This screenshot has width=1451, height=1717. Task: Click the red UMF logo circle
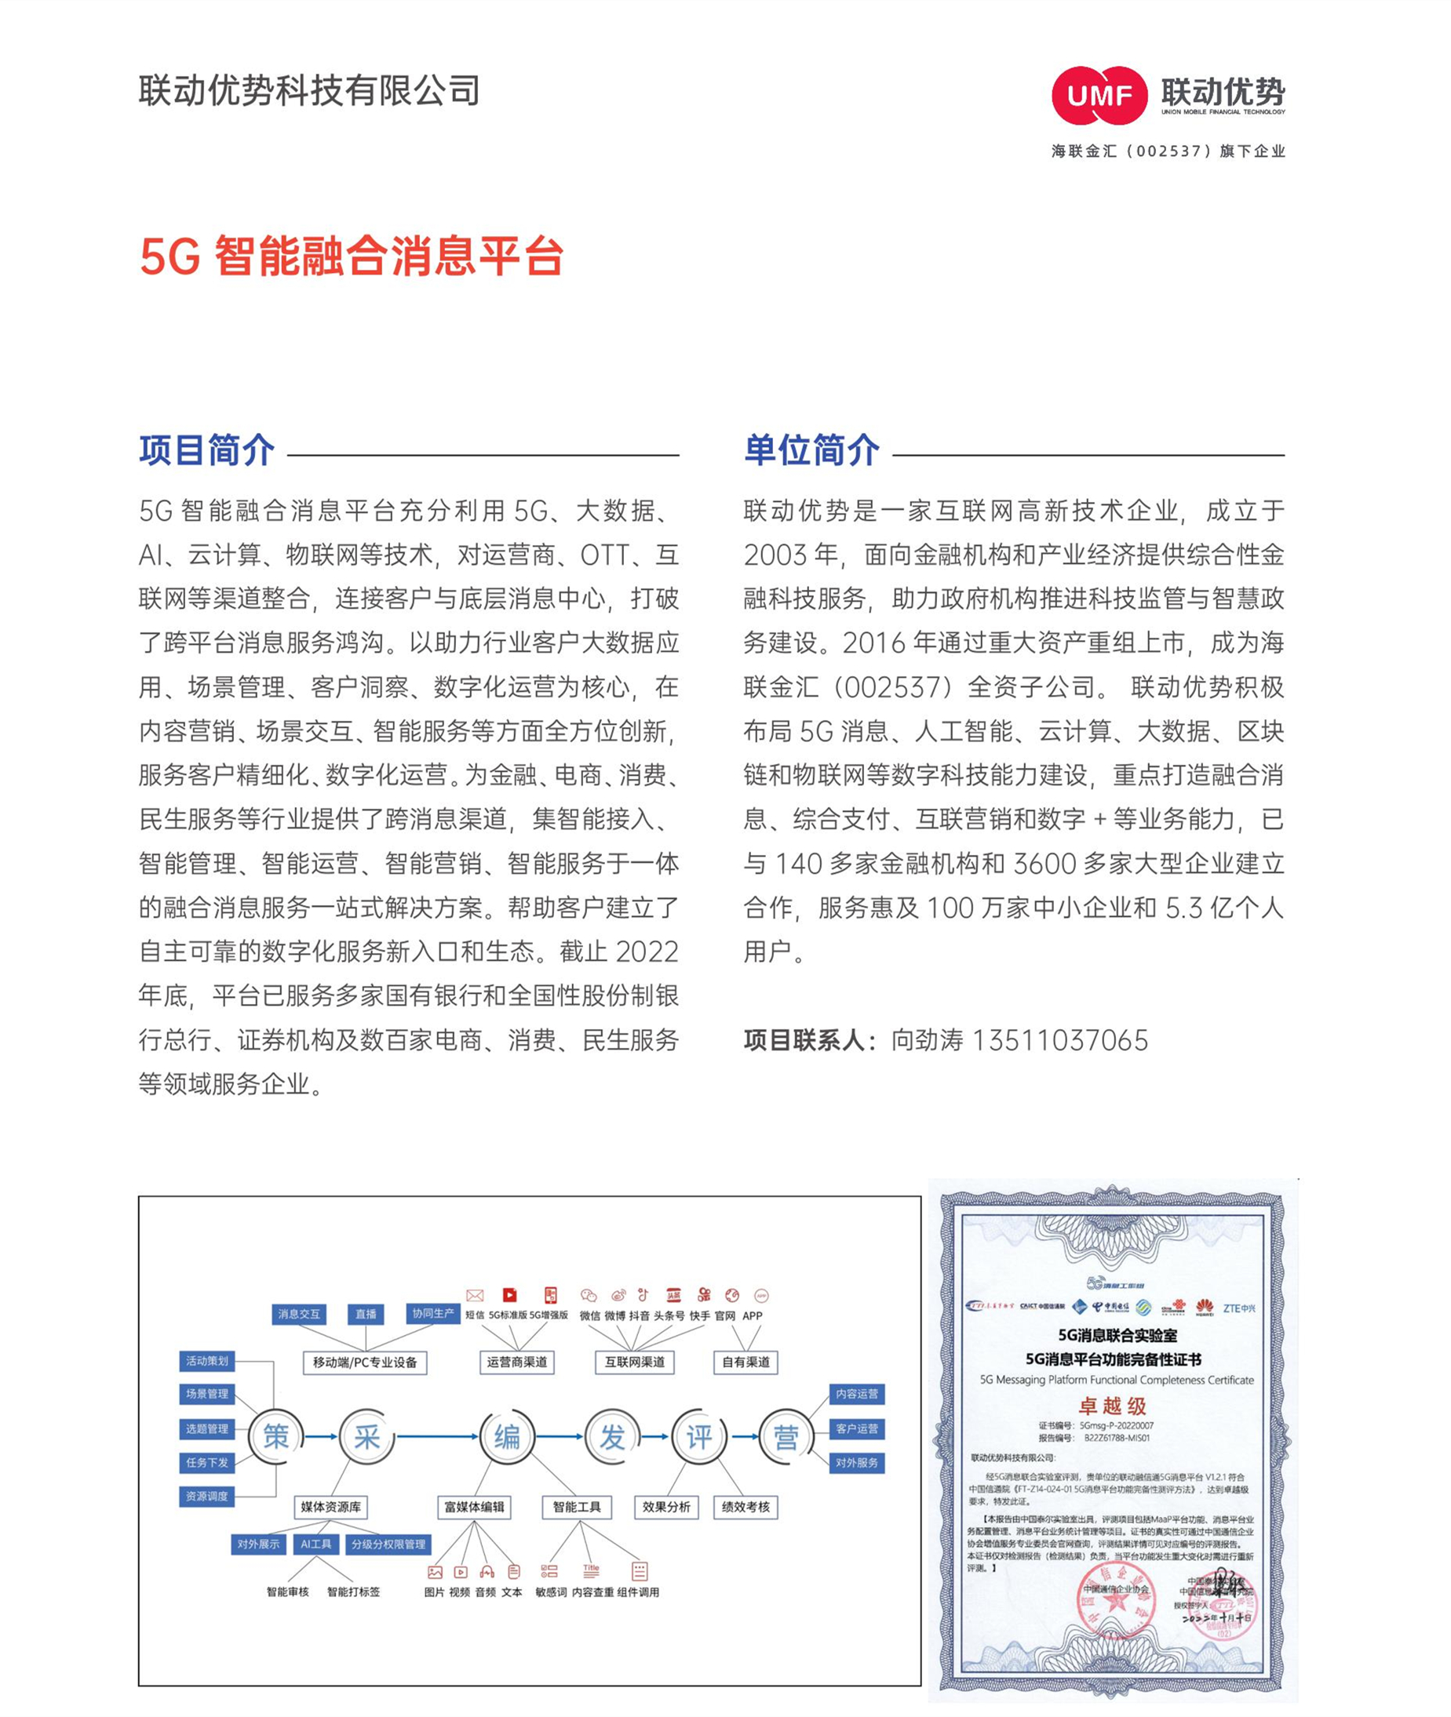coord(1099,96)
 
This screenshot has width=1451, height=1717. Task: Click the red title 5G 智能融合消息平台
coord(352,256)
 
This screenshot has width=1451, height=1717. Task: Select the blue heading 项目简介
coord(206,451)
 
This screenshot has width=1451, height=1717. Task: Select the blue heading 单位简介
coord(811,451)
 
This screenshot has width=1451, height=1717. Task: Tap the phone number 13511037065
coord(1059,1040)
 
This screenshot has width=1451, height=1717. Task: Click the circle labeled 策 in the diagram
coord(276,1437)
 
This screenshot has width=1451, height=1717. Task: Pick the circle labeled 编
coord(507,1437)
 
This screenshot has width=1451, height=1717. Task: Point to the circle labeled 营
coord(786,1437)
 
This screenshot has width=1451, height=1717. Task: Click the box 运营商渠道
coord(516,1362)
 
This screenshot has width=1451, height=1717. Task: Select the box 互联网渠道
coord(634,1362)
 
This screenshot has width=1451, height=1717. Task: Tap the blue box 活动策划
coord(207,1361)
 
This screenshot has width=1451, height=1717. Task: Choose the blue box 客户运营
coord(856,1428)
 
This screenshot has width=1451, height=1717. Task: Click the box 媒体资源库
coord(330,1507)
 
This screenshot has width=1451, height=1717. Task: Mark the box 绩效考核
coord(746,1507)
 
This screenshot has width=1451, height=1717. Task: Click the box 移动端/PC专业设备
coord(364,1362)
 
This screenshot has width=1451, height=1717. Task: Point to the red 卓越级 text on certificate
coord(1112,1406)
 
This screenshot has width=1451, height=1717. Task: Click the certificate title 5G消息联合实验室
coord(1117,1336)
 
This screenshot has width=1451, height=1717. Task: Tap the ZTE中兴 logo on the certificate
coord(1239,1308)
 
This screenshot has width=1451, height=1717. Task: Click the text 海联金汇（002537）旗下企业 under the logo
coord(1167,151)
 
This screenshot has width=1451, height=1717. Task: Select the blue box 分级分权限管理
coord(388,1544)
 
